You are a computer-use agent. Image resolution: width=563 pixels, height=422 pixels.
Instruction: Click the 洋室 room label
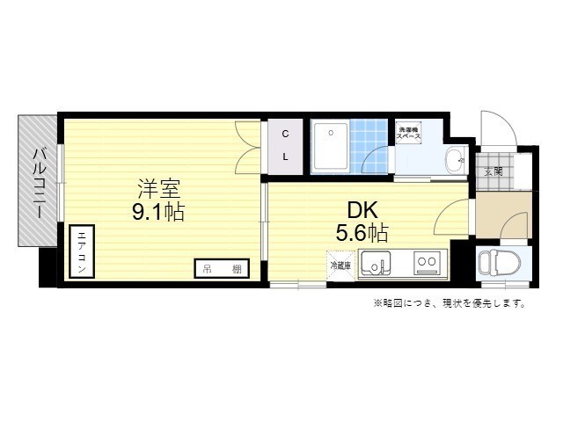(160, 187)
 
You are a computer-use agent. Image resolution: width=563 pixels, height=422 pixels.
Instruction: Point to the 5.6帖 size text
(362, 233)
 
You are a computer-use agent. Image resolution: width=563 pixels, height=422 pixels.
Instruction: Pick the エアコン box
(81, 252)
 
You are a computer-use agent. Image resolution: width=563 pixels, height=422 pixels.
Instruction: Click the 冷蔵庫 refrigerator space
(340, 264)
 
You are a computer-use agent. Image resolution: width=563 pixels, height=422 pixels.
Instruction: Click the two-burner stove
(427, 261)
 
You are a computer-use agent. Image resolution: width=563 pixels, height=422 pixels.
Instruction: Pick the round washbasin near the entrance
(454, 160)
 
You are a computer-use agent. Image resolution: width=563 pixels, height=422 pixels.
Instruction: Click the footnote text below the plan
(450, 303)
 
